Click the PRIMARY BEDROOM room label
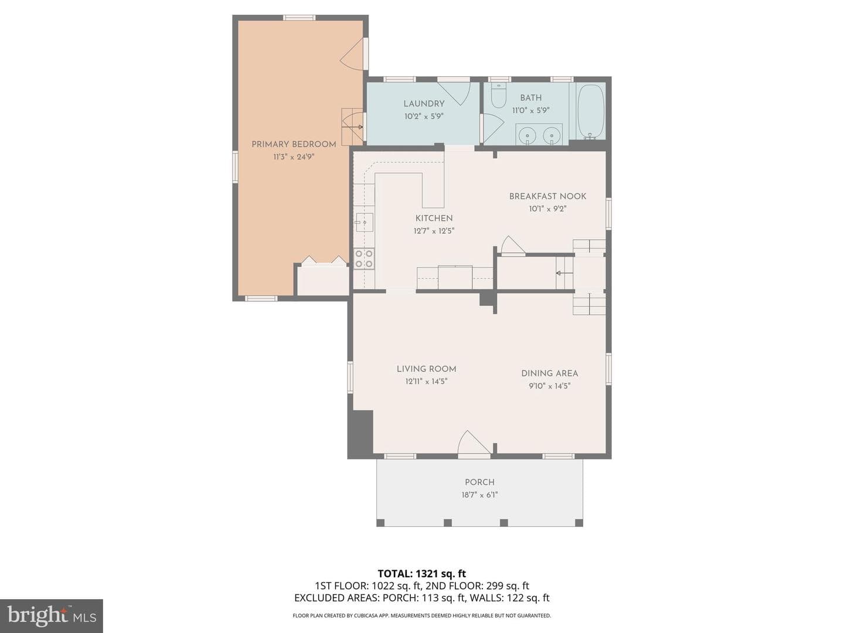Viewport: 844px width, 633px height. click(x=294, y=144)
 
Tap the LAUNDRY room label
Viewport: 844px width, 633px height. click(x=424, y=104)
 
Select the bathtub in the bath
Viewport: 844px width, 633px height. click(x=591, y=111)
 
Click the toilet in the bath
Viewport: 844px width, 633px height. click(x=499, y=96)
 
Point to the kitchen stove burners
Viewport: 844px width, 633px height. click(x=364, y=258)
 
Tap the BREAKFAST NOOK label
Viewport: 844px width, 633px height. click(x=547, y=196)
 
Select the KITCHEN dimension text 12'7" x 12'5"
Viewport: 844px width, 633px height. click(x=434, y=231)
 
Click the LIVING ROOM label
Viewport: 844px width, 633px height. click(x=427, y=369)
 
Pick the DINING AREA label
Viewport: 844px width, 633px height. click(x=549, y=373)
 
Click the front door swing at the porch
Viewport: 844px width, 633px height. click(x=474, y=444)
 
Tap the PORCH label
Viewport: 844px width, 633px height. click(x=479, y=482)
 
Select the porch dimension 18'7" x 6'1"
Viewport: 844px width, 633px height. click(x=479, y=495)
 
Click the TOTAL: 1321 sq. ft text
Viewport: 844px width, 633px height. click(x=422, y=574)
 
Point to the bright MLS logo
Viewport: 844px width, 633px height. click(x=52, y=615)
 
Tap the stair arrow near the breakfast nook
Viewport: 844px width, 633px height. click(x=564, y=273)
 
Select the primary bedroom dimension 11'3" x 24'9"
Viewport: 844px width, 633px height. click(x=294, y=157)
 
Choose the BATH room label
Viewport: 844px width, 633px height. click(x=530, y=98)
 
